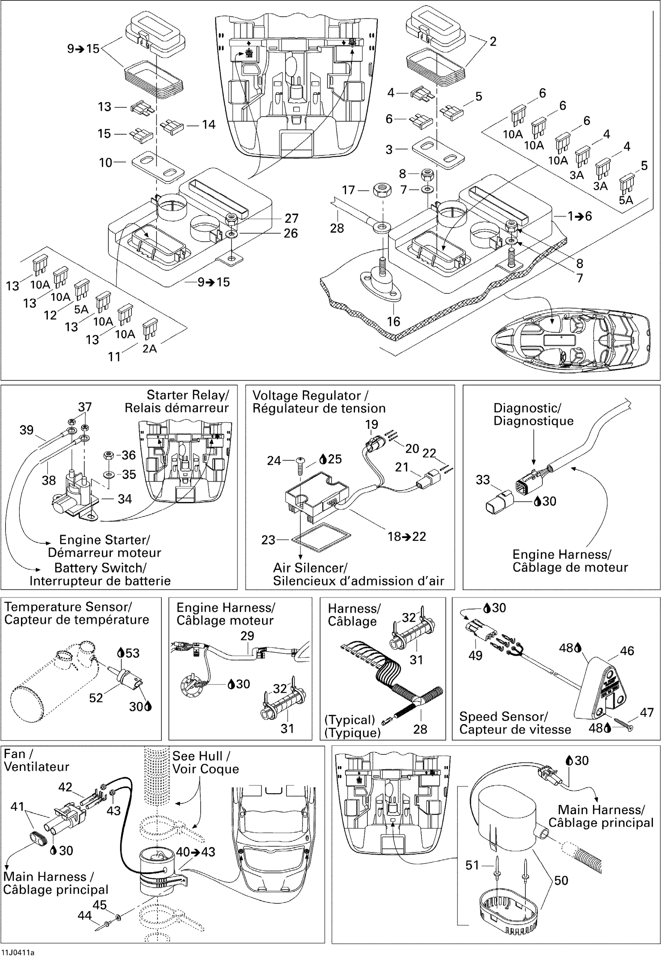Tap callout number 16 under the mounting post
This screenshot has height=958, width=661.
click(393, 321)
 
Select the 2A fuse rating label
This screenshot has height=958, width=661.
click(150, 348)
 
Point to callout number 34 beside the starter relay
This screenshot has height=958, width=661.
click(125, 499)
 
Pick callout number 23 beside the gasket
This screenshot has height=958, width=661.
click(268, 540)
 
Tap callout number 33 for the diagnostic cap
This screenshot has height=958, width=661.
click(483, 480)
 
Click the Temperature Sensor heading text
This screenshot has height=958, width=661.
click(68, 607)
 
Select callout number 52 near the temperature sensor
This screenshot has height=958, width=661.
click(96, 698)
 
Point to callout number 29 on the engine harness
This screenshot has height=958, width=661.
click(247, 636)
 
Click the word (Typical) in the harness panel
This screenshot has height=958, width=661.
click(350, 719)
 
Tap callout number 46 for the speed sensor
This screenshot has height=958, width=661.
click(627, 651)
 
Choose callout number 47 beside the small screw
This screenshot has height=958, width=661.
click(647, 712)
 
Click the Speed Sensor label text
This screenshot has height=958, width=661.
click(504, 716)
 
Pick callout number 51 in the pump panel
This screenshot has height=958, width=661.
click(472, 865)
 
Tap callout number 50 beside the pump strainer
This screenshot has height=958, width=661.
click(561, 880)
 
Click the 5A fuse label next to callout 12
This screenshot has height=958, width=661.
click(81, 309)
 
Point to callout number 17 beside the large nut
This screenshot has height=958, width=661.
click(348, 190)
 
